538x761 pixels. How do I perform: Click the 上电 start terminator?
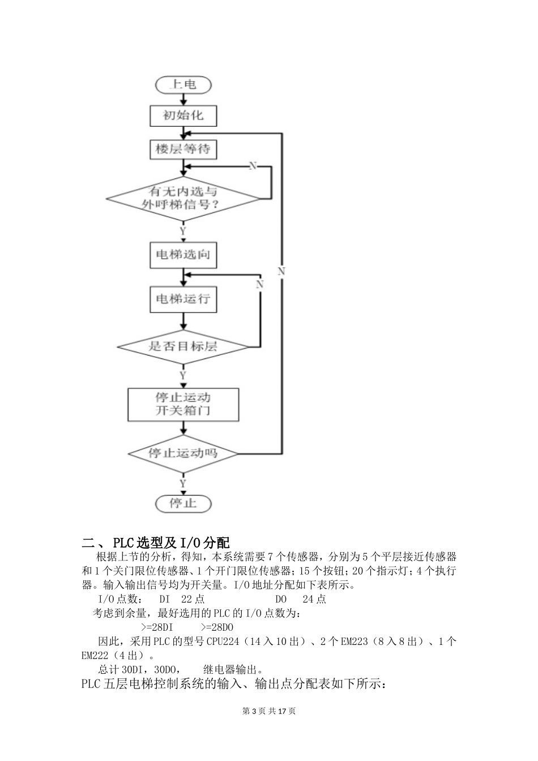point(183,85)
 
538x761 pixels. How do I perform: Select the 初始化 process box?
point(183,116)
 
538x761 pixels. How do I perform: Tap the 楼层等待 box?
point(183,149)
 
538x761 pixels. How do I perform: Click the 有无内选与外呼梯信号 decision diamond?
point(183,198)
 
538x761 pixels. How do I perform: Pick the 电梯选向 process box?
point(183,254)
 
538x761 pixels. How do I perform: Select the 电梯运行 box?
point(183,298)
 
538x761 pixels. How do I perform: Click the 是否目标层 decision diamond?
point(183,346)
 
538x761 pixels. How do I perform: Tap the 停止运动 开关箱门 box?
point(183,404)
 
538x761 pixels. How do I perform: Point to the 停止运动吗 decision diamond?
point(183,454)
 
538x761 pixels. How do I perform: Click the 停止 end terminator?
point(183,503)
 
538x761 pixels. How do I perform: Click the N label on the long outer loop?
point(281,272)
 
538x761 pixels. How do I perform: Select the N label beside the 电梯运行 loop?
point(259,284)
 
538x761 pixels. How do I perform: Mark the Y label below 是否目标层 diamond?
point(183,375)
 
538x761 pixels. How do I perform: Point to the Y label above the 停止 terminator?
point(183,484)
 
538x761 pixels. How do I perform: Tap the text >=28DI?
point(156,627)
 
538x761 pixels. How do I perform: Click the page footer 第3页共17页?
point(269,711)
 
